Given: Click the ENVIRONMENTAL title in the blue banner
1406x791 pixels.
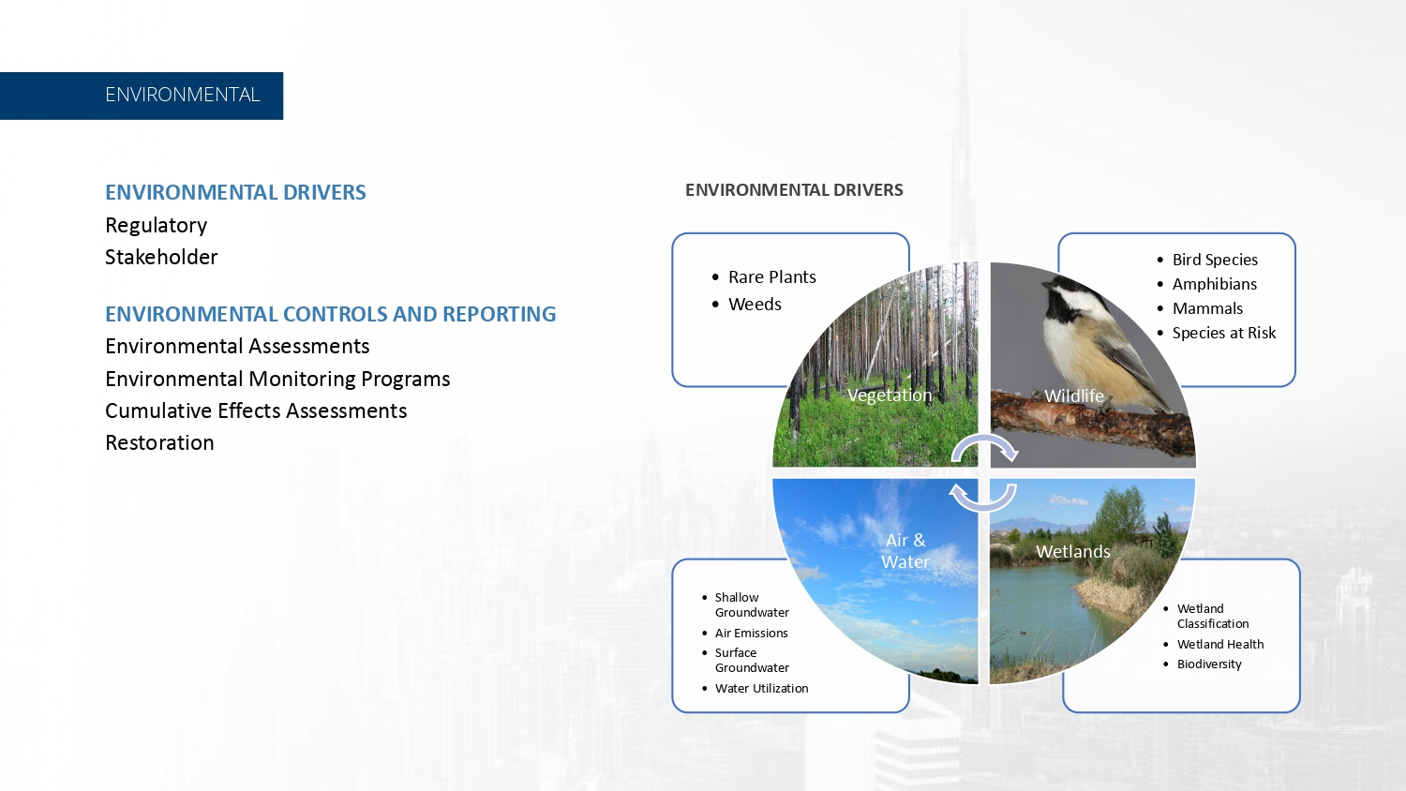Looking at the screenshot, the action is coord(182,95).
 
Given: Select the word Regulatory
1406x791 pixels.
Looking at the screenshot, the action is coord(156,225).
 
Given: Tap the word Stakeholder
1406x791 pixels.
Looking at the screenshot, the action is coord(161,257).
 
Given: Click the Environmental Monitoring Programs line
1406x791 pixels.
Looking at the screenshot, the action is coord(277,380).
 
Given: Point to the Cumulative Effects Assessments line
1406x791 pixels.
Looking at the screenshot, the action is coord(256,410).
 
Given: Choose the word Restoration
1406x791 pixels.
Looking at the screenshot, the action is coord(159,442).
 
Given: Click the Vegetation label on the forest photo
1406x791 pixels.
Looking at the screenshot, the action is coord(890,395).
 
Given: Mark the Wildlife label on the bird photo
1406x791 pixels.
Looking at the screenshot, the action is coord(1074,395).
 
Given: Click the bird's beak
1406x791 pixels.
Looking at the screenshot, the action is coord(1047,285).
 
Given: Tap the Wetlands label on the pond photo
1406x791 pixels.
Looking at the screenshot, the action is coord(1072,551).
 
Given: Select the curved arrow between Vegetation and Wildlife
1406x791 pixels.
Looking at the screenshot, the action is coord(984,438).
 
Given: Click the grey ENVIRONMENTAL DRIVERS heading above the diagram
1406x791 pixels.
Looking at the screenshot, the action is coord(794,189).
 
